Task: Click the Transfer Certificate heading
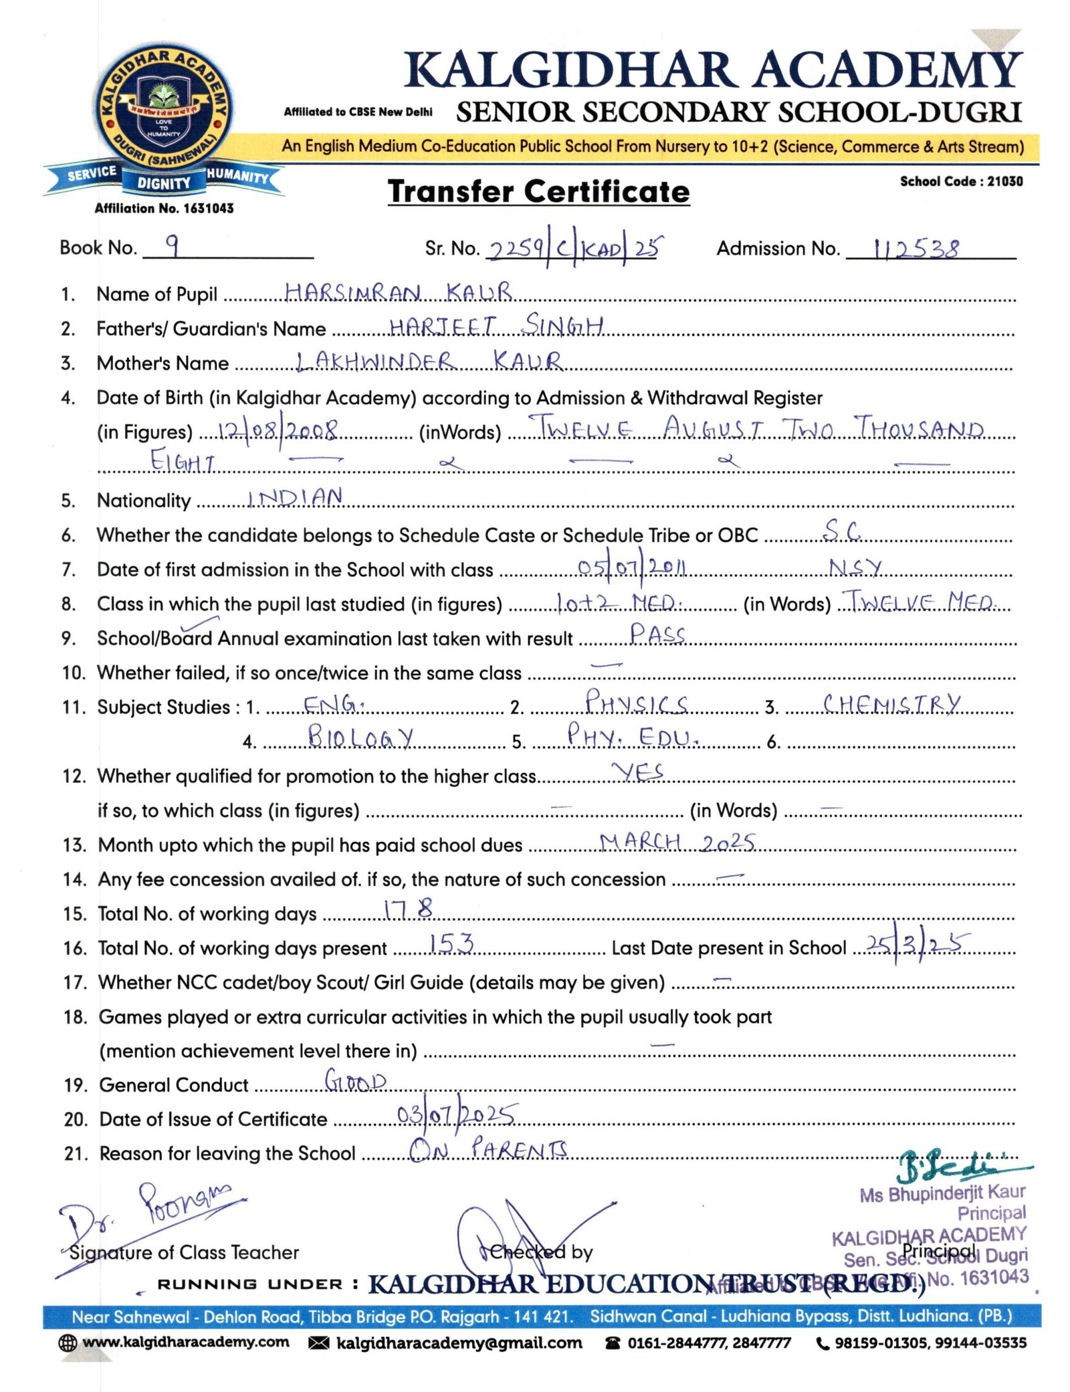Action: tap(538, 192)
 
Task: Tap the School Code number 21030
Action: tap(1005, 181)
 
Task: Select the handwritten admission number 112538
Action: tap(916, 249)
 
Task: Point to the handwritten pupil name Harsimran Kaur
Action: tap(398, 293)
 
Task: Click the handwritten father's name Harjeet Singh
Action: tap(496, 326)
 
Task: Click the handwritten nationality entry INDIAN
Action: tap(295, 497)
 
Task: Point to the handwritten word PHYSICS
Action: tap(636, 703)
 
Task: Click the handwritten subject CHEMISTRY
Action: tap(891, 704)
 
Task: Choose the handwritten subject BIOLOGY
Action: tap(360, 737)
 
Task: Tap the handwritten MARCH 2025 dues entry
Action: tap(677, 842)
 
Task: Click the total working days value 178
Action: tap(409, 910)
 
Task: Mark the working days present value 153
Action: tap(451, 944)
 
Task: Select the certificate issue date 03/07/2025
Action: tap(456, 1116)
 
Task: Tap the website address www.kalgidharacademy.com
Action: tap(186, 1343)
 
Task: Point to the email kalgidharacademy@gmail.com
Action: tap(459, 1343)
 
